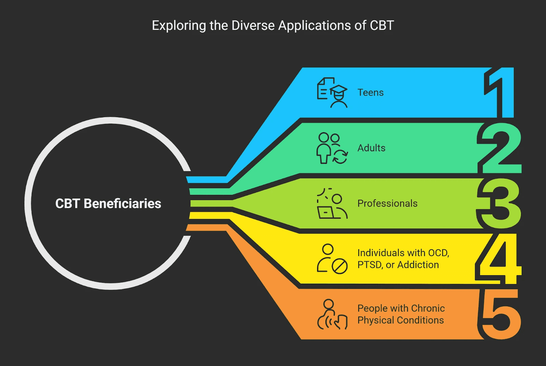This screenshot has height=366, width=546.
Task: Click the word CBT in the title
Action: (x=382, y=26)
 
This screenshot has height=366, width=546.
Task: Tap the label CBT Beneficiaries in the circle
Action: (x=108, y=203)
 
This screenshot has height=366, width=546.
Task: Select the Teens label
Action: (x=370, y=93)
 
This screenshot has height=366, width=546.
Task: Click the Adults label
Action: (x=371, y=148)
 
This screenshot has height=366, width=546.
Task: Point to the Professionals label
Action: (x=387, y=203)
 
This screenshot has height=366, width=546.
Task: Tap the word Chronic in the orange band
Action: (x=428, y=308)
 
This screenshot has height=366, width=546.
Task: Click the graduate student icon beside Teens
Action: (x=332, y=93)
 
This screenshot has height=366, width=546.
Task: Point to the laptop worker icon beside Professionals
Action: (x=332, y=203)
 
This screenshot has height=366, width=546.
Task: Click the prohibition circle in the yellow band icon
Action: (x=340, y=267)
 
